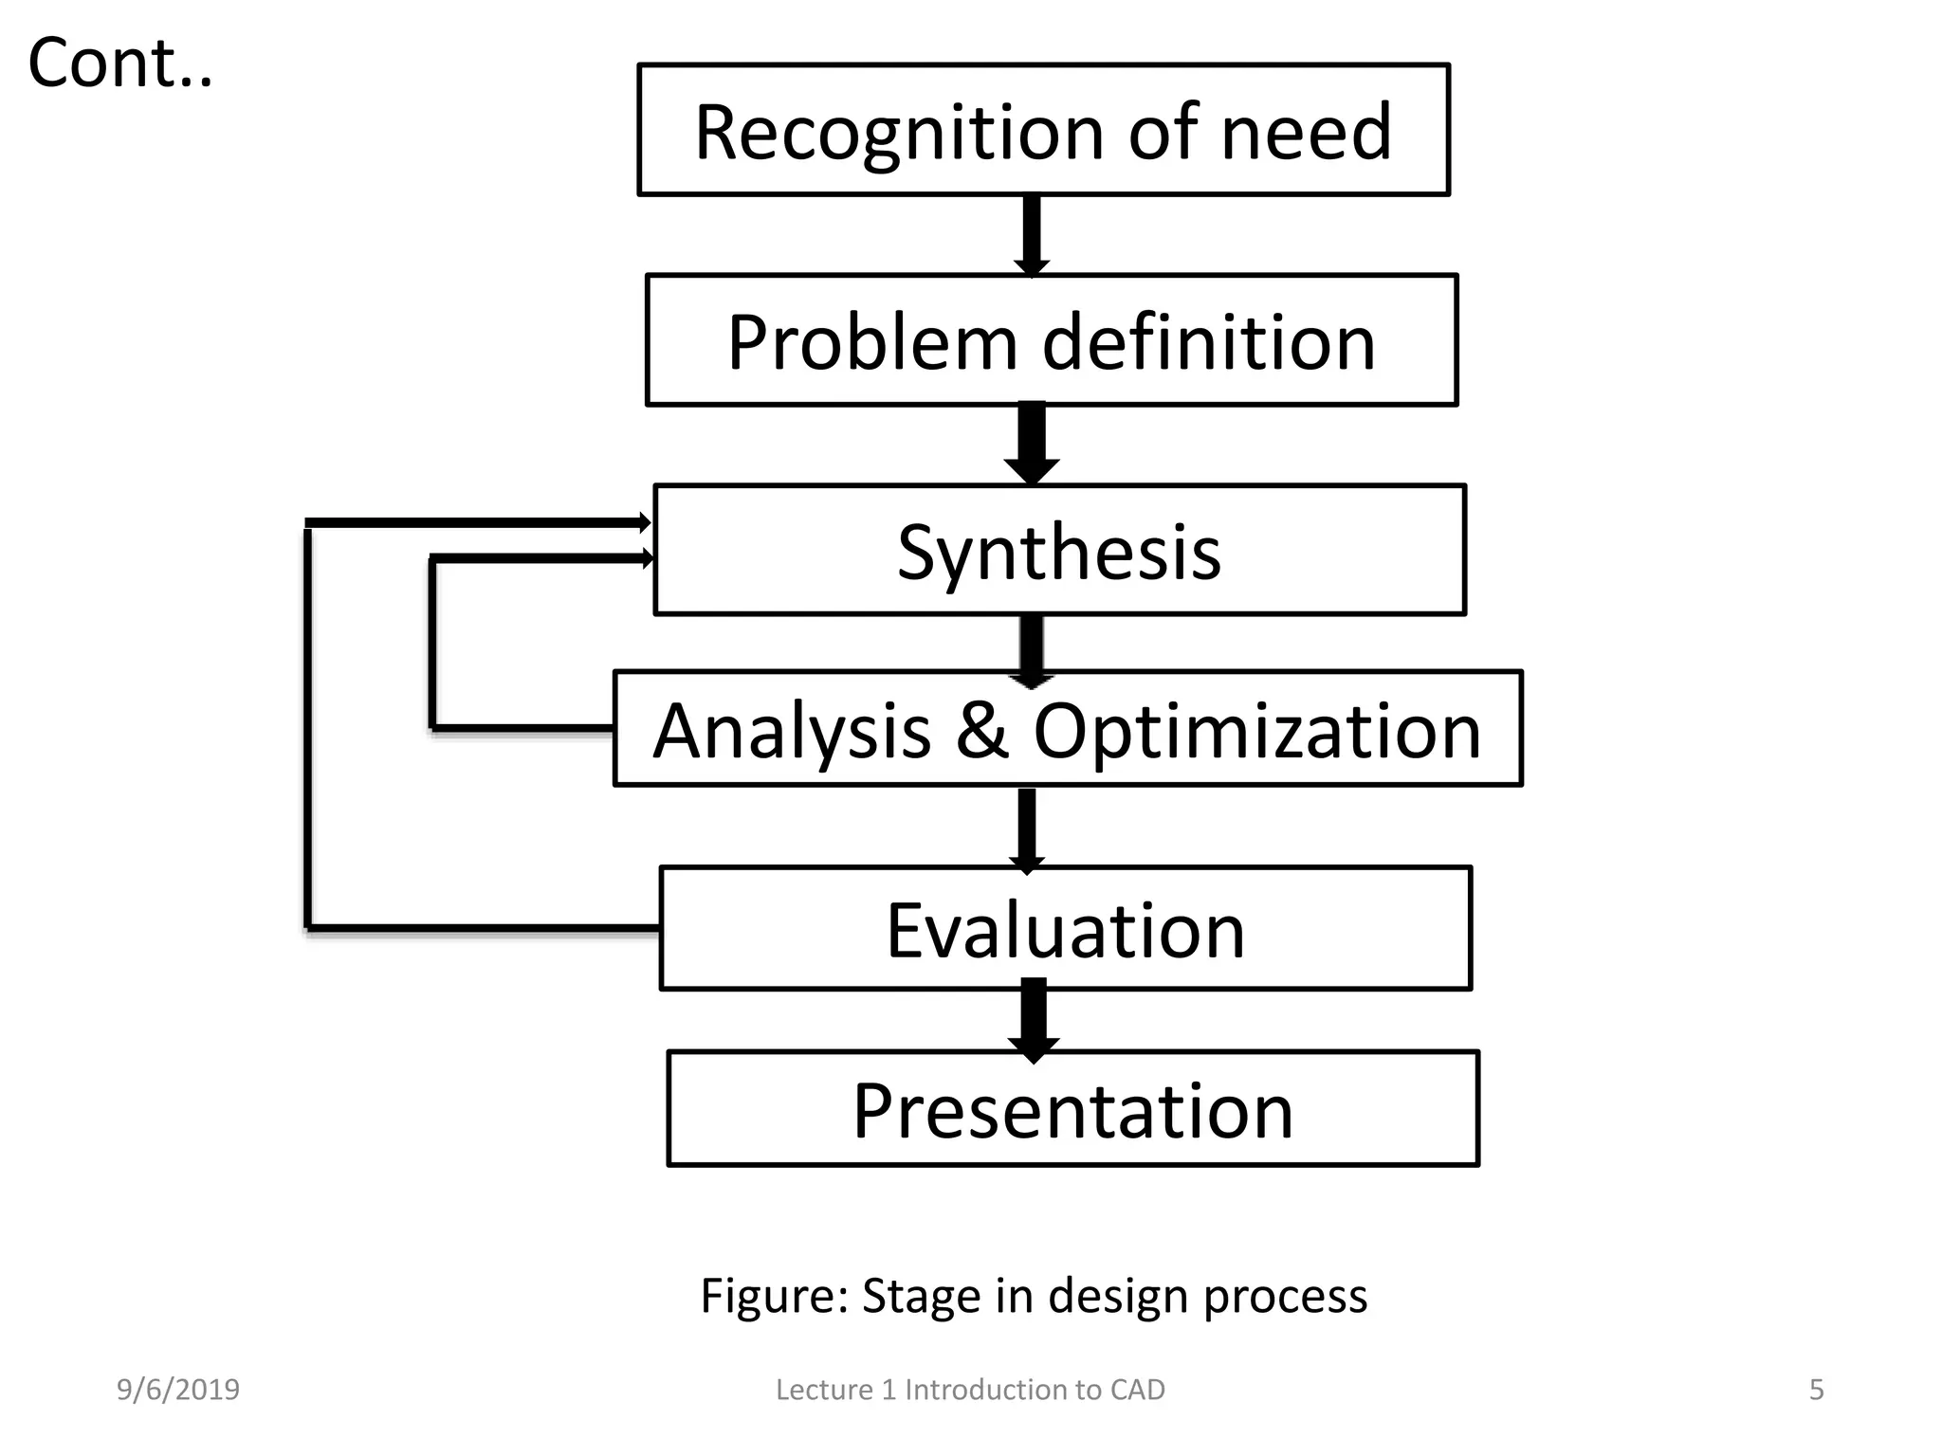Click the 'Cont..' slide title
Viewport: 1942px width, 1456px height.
120,64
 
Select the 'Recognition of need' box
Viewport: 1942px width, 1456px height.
1043,131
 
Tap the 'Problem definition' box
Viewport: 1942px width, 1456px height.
1051,341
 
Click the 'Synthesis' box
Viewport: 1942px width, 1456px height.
1059,551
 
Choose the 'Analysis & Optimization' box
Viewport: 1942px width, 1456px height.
1067,729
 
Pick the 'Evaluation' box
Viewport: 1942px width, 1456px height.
1065,929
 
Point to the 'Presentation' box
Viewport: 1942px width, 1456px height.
1072,1109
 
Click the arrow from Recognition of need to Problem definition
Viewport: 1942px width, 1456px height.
1032,235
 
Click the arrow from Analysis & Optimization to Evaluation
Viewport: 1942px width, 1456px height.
1026,828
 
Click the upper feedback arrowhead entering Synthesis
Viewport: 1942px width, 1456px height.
644,522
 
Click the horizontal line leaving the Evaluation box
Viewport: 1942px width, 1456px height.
484,926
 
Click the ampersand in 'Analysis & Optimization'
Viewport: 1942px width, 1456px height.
982,730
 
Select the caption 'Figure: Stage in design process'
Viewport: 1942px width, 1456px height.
1034,1296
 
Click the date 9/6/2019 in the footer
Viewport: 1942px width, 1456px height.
178,1390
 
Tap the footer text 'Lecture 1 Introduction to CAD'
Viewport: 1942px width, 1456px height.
970,1390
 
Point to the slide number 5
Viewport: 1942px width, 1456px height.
1816,1390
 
